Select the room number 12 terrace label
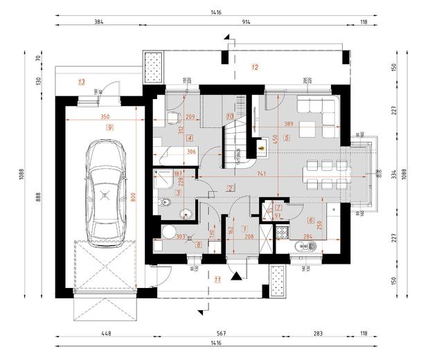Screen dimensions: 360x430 point(254,67)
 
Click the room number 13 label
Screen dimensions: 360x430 point(81,82)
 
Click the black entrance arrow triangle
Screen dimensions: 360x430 point(238,276)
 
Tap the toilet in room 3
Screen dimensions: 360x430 point(163,203)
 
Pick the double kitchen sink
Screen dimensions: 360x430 point(305,246)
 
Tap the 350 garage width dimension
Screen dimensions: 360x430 point(105,118)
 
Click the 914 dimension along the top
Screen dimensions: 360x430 point(247,22)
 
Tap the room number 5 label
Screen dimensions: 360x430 point(286,137)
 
